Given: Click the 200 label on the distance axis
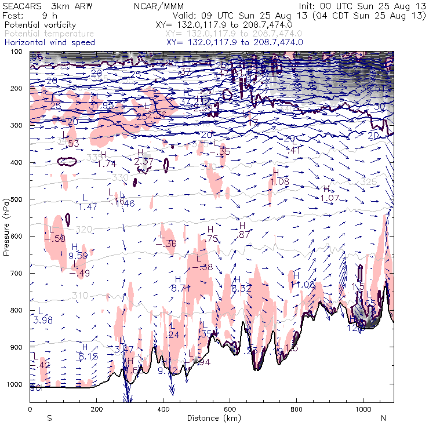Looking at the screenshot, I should point(96,409).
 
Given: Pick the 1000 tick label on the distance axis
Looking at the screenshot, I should point(363,409).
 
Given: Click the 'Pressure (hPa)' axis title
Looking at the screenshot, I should point(7,227).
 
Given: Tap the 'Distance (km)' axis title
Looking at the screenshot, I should point(212,417).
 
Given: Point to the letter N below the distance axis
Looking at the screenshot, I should point(383,417).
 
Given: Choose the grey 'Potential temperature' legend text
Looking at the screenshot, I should point(49,34).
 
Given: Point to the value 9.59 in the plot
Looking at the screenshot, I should point(78,256).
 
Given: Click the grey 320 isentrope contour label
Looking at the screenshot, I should point(85,230).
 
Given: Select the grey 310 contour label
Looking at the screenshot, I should point(81,296).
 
